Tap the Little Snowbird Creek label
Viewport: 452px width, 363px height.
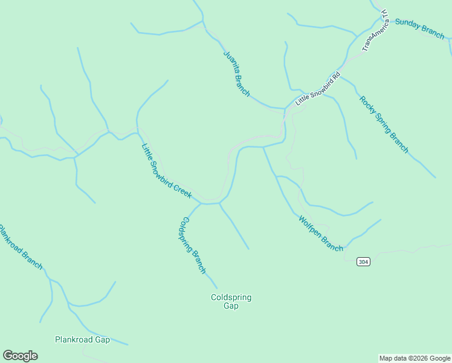166,171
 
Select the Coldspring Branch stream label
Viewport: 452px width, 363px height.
193,245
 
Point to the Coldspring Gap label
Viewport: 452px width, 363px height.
231,301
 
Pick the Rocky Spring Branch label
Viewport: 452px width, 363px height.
384,125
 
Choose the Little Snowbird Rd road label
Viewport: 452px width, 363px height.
318,90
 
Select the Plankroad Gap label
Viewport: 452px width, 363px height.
82,340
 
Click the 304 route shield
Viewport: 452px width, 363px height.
363,262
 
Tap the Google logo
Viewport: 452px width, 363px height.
20,356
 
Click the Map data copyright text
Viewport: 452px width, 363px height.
414,358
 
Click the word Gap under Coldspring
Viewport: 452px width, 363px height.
231,306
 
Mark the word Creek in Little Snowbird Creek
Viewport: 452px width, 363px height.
182,190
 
